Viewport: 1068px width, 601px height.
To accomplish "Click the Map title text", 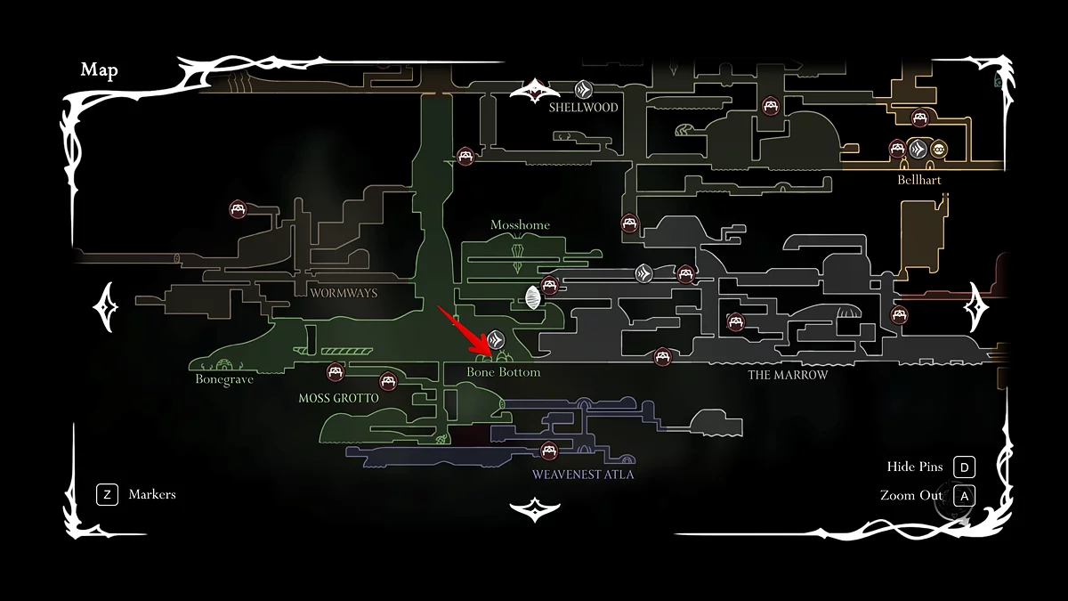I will click(x=99, y=70).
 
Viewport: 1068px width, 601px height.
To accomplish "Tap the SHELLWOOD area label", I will click(x=583, y=108).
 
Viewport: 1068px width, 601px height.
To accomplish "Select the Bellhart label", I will click(x=919, y=180).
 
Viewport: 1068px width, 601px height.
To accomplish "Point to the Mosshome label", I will click(x=520, y=225).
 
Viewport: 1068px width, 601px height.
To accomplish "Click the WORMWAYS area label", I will click(x=344, y=293).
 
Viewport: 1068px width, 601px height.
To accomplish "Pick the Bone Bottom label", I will click(x=504, y=372).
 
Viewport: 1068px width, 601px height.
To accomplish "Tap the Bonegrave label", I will click(x=224, y=379).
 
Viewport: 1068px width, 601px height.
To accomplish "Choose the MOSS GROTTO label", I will click(x=338, y=399).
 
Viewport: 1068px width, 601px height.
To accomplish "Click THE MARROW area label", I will click(x=788, y=375).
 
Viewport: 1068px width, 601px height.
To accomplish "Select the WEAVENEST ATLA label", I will click(x=583, y=475).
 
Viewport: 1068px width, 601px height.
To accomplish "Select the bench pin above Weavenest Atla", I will click(x=548, y=451).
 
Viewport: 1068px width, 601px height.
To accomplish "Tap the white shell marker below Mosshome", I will click(x=533, y=298).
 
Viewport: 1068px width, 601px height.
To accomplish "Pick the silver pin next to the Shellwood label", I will click(x=583, y=89).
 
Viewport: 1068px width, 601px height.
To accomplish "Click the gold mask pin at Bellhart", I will click(x=939, y=149).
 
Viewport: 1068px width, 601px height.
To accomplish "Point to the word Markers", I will click(x=152, y=494).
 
